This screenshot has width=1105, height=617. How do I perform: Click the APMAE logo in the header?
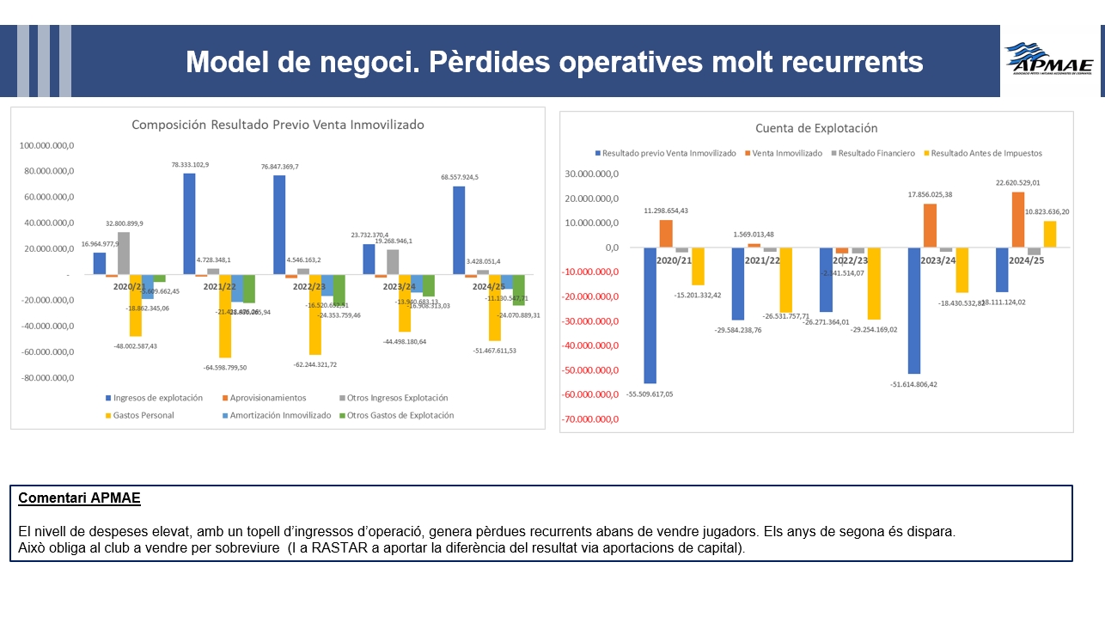[x=1049, y=60]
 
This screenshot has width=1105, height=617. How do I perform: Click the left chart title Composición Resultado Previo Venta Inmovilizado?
[x=278, y=125]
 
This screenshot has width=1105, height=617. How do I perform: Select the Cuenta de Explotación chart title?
[x=815, y=128]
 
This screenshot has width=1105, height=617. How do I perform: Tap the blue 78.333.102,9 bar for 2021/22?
[x=189, y=223]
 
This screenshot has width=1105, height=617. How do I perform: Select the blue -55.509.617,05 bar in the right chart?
[x=650, y=315]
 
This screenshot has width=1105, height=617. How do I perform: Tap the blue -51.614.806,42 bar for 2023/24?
[x=914, y=310]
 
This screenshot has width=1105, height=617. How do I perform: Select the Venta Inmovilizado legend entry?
[x=784, y=153]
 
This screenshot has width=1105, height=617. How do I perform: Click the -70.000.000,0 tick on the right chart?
[x=588, y=419]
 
